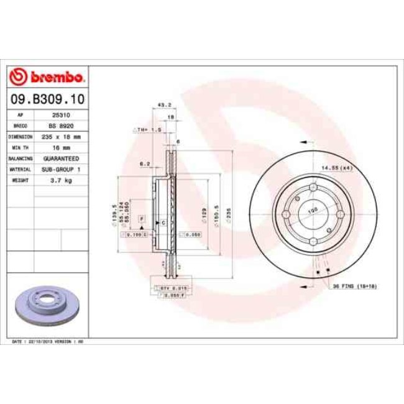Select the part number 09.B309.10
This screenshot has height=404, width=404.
tap(48, 99)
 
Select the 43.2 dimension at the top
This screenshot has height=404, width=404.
tap(165, 105)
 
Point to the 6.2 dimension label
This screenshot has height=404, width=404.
tap(146, 164)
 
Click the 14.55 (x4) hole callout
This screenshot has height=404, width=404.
tap(336, 167)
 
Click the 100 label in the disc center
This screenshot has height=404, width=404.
tap(313, 211)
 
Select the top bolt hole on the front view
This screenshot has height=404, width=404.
tap(313, 190)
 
